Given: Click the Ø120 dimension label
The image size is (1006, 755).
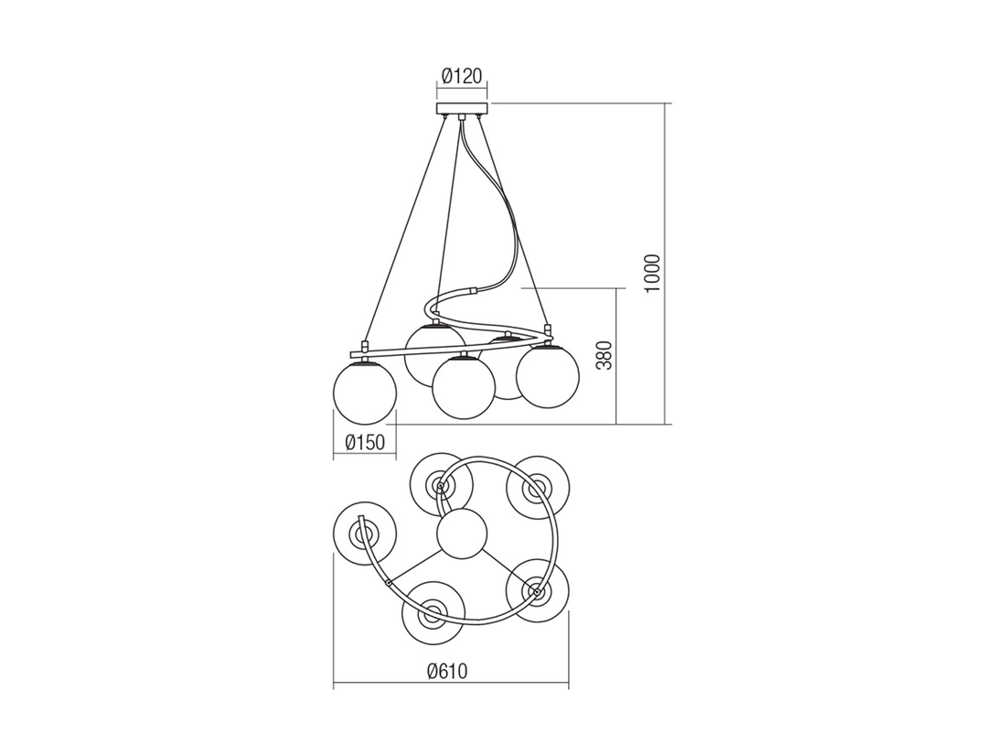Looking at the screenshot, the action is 461,76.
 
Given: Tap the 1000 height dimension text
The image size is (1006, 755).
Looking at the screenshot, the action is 652,275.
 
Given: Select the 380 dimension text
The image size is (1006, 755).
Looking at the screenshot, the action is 605,356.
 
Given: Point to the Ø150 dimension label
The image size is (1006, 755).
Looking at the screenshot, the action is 364,442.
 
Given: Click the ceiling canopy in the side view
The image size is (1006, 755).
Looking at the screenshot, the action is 461,109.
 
